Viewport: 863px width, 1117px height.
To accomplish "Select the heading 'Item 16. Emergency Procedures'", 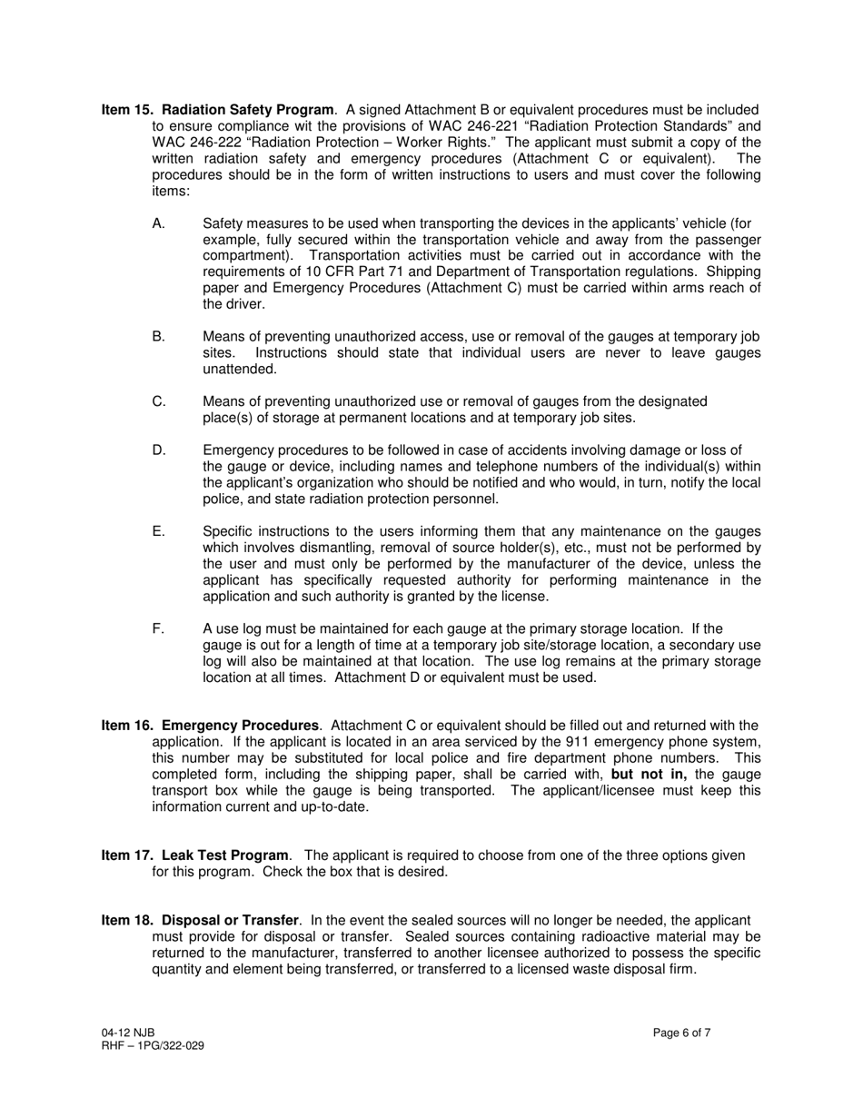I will (210, 726).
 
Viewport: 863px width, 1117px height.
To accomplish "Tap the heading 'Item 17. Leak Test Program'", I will (195, 855).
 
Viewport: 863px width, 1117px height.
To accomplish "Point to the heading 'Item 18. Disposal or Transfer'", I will (200, 921).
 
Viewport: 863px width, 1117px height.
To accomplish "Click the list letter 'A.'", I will (159, 223).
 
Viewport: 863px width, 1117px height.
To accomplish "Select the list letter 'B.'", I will (159, 337).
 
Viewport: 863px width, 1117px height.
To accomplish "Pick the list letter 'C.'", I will (159, 401).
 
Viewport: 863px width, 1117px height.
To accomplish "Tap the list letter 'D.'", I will (159, 450).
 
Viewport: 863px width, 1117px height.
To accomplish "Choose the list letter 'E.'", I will (159, 532).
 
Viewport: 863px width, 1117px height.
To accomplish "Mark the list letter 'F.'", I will (158, 629).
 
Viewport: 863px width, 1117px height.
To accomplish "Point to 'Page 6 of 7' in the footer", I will (681, 1033).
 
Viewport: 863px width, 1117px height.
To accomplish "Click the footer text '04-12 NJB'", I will (128, 1033).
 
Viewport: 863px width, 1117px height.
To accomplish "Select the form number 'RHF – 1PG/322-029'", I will (153, 1046).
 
